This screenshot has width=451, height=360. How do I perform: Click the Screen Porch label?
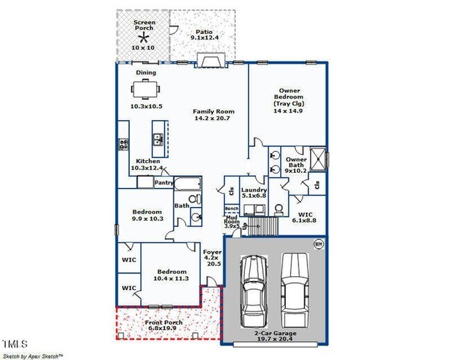[x=145, y=26]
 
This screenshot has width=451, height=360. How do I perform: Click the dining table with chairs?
[x=146, y=89]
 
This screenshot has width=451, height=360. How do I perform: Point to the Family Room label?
[x=213, y=115]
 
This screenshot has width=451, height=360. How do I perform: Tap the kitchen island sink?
[x=158, y=140]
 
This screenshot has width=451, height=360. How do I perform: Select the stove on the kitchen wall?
[x=124, y=144]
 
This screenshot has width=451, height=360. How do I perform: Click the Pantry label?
[x=164, y=183]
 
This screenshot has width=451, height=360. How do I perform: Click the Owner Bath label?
[x=296, y=165]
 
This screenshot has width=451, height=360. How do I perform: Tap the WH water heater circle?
[x=318, y=243]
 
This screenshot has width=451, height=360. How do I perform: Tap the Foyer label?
[x=212, y=258]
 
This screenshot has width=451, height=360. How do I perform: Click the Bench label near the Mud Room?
[x=232, y=209]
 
